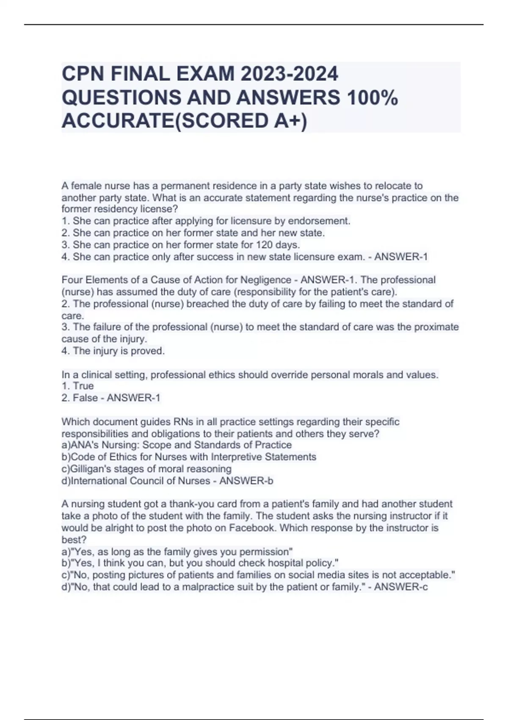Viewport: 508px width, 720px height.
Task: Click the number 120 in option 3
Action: click(263, 245)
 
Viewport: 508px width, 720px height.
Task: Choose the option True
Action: click(83, 386)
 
